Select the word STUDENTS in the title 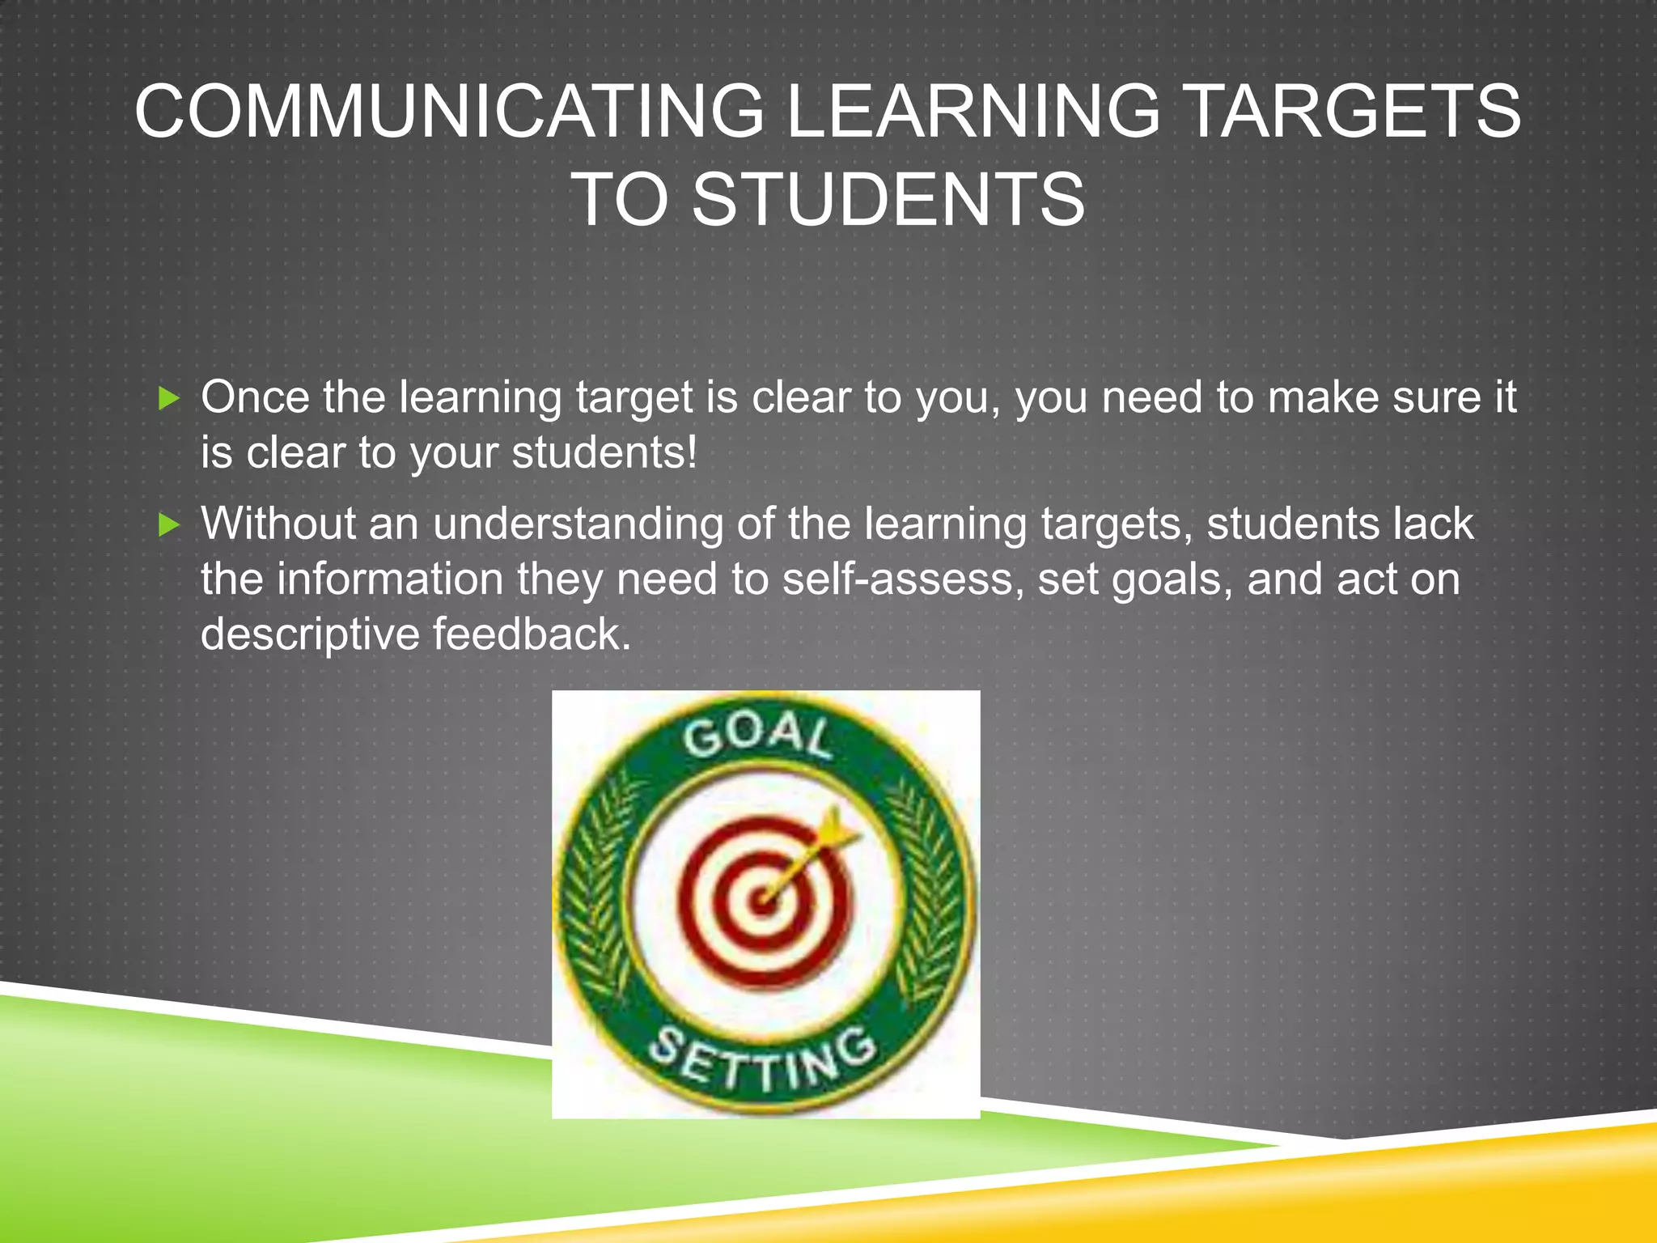pyautogui.click(x=888, y=200)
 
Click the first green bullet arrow pyautogui.click(x=168, y=398)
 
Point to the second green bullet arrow pyautogui.click(x=168, y=525)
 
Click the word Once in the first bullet pyautogui.click(x=255, y=397)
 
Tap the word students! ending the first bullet pyautogui.click(x=604, y=452)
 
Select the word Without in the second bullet pyautogui.click(x=278, y=524)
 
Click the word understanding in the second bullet pyautogui.click(x=578, y=524)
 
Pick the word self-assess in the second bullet pyautogui.click(x=898, y=579)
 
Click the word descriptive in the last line pyautogui.click(x=310, y=634)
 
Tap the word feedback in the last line pyautogui.click(x=531, y=634)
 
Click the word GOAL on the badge pyautogui.click(x=757, y=736)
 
